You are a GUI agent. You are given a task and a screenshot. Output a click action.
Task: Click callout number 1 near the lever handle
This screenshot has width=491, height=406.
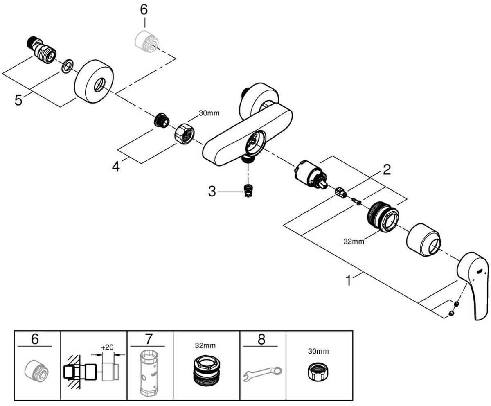point(349,281)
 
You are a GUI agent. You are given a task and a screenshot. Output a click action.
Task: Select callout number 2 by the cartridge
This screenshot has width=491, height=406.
point(387,169)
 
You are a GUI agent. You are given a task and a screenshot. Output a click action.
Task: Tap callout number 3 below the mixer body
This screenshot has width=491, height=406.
point(212,192)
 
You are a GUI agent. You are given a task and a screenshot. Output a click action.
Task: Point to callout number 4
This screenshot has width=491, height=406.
point(116,167)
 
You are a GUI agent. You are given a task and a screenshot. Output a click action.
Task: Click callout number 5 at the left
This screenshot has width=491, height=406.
point(18,100)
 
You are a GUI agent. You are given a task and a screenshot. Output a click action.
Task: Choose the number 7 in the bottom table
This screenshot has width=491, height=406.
point(149,339)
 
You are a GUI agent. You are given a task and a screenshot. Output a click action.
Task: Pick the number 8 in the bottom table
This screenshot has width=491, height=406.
point(261,339)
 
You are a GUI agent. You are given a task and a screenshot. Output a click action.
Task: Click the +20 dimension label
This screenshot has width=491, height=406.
point(107,347)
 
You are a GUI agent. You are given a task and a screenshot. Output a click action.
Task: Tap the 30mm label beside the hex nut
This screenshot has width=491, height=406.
point(209,113)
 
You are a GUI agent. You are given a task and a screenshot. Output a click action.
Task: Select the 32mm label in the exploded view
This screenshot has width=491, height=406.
point(354,241)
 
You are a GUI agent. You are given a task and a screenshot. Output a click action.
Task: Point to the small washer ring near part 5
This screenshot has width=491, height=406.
point(68,66)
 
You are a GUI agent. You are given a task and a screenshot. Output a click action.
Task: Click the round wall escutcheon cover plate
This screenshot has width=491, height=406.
point(94,81)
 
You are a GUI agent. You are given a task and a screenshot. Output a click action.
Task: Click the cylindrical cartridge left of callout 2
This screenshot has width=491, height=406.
point(311,175)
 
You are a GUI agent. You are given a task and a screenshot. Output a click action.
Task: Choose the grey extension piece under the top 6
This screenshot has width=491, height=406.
point(147,41)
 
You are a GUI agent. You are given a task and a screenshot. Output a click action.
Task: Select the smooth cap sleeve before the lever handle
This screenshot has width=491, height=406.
point(423,240)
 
